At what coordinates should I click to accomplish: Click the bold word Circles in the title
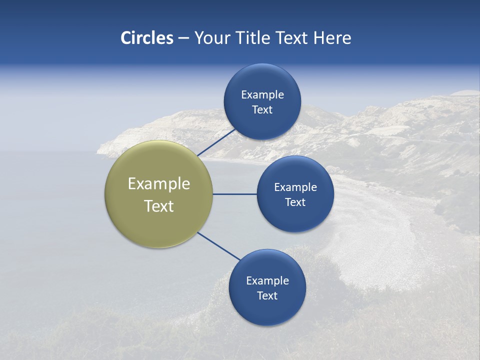point(146,38)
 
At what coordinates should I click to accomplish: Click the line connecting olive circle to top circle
point(216,142)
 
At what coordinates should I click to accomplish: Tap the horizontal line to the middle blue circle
point(234,194)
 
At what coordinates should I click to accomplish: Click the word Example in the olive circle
point(159,184)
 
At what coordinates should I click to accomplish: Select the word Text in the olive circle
point(159,206)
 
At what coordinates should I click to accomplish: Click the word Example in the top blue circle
point(262,95)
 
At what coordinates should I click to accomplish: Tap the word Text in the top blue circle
point(262,110)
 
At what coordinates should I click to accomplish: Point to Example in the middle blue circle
point(295,187)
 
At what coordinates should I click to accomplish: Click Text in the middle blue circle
point(295,202)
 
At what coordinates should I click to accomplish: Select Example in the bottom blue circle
point(267,281)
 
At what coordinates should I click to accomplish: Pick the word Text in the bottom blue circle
point(267,296)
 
